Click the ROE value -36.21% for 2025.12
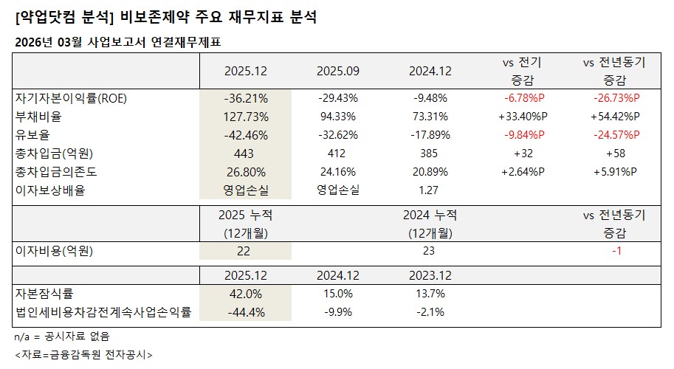pos(246,98)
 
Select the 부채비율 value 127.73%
pos(246,117)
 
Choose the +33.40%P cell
pos(523,117)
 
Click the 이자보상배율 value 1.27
pos(429,190)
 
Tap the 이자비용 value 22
pos(244,251)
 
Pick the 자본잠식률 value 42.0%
pos(244,294)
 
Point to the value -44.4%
pos(244,312)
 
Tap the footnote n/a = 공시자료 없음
pos(63,337)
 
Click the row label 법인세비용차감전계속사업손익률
pos(103,312)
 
